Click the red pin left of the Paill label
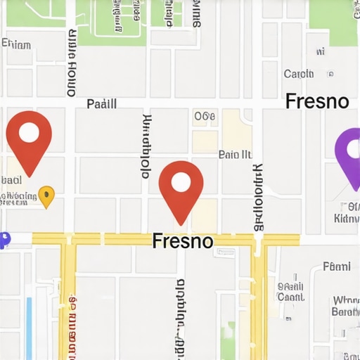[29, 137]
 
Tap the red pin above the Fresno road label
[181, 186]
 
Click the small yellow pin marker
[46, 196]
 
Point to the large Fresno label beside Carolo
[317, 101]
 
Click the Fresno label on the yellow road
[183, 241]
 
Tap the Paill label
[101, 104]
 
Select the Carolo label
[299, 74]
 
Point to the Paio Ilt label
[235, 154]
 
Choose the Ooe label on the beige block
[205, 117]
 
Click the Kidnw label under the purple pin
[346, 219]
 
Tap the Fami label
[336, 266]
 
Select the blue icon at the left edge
[4, 240]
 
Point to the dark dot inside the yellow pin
[46, 193]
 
